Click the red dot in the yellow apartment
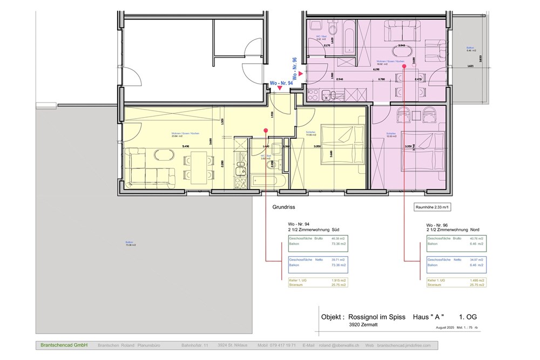266,130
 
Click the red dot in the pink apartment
412,66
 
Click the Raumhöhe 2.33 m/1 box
432,206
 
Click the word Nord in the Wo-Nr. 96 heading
475,229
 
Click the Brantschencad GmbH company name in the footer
64,345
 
